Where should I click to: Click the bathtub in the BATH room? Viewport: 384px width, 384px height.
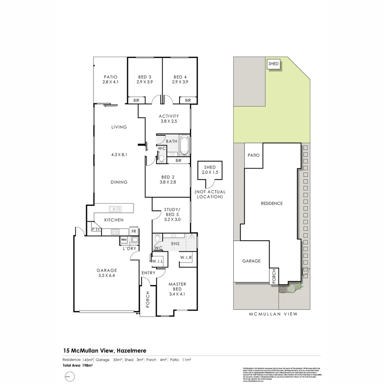coord(184,145)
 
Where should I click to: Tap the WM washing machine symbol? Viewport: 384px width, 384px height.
coord(124,240)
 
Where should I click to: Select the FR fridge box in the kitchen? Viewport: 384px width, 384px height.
coord(134,231)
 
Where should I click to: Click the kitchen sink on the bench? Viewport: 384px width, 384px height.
coord(116,209)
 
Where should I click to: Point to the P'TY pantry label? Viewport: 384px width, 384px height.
coord(96,229)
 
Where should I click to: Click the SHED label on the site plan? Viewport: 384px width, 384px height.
coord(273,64)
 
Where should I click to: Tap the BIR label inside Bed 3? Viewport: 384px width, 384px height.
coord(136,101)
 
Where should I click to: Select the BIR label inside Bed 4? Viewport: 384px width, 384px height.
coord(188,101)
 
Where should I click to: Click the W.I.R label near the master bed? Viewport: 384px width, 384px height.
coord(186,257)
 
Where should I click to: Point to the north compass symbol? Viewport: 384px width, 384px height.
coord(70,376)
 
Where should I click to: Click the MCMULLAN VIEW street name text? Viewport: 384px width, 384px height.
coord(273,314)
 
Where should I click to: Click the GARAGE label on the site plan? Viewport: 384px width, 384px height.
coord(251,261)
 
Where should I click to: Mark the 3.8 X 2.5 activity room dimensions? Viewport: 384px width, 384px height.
coord(169,121)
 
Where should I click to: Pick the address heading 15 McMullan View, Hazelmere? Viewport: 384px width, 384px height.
coord(105,351)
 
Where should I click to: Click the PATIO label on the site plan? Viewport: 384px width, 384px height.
coord(254,155)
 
